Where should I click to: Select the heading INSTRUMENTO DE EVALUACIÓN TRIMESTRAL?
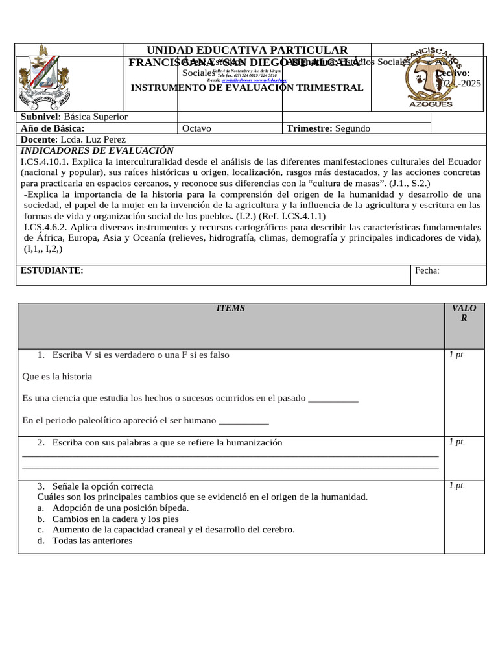(x=247, y=88)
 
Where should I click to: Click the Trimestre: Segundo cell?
(x=328, y=128)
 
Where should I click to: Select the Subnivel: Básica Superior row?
(x=75, y=117)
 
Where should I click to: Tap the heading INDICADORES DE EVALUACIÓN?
(x=98, y=150)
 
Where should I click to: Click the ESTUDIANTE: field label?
(x=53, y=270)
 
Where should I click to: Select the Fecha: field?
(x=427, y=270)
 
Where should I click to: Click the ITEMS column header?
(x=230, y=309)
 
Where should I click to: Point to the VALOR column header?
(x=464, y=313)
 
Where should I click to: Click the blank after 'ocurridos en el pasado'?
(x=333, y=398)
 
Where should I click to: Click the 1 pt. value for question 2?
(x=456, y=442)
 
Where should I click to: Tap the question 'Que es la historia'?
(x=57, y=376)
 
